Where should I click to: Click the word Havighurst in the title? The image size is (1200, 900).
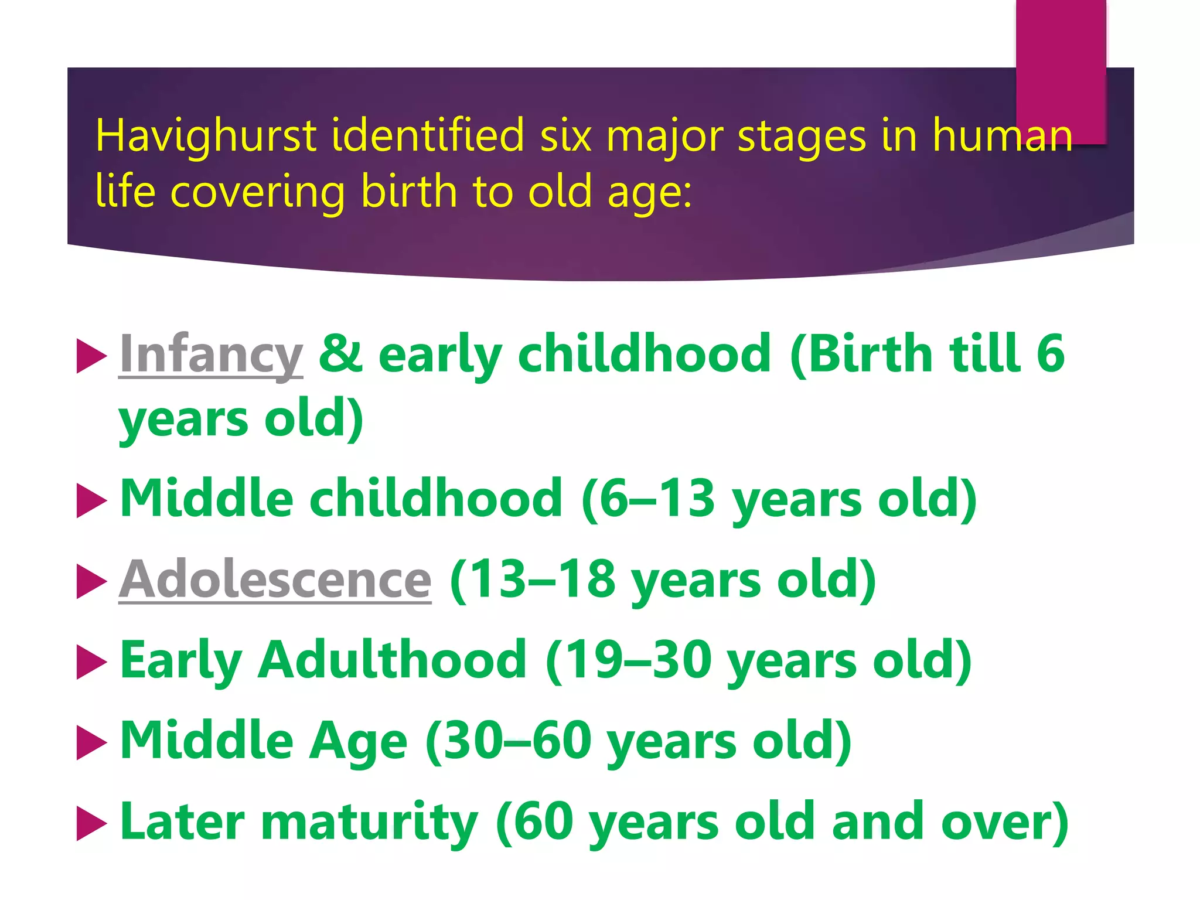click(x=206, y=136)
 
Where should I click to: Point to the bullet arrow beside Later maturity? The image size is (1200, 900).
click(x=91, y=823)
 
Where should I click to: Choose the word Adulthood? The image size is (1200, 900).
click(x=393, y=660)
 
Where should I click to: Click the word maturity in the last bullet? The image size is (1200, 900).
click(x=369, y=822)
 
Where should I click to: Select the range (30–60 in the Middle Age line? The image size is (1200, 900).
click(x=509, y=741)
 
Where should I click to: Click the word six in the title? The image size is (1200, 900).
click(x=565, y=136)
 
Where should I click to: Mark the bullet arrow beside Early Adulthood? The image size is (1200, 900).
click(x=91, y=662)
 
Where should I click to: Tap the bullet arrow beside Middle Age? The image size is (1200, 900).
click(x=91, y=742)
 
